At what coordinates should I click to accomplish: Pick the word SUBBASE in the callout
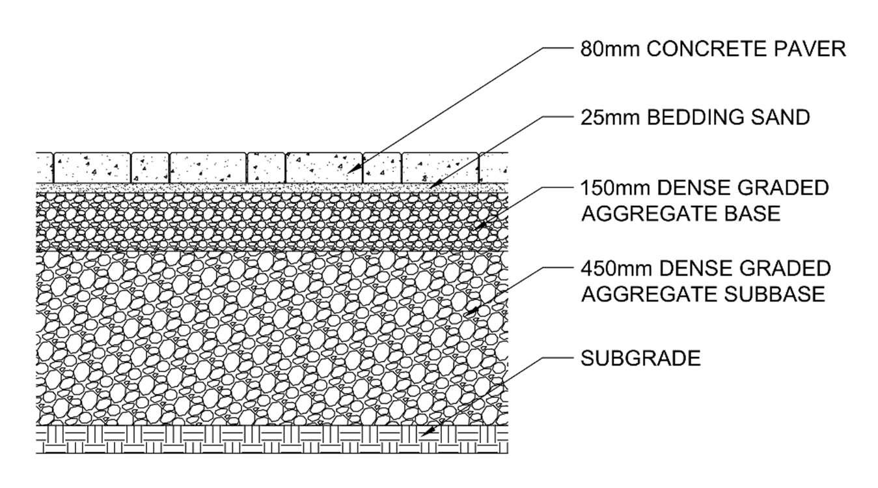pos(775,294)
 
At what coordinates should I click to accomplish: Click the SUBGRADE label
pos(640,358)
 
